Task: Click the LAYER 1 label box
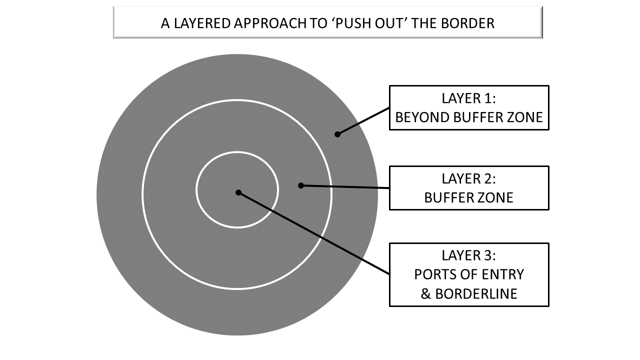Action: click(469, 107)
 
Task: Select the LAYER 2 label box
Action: click(469, 187)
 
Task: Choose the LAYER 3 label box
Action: click(469, 274)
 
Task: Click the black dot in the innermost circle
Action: click(238, 192)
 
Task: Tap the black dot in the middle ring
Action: click(301, 185)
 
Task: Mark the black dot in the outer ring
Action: click(337, 134)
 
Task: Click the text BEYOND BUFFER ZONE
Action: click(469, 117)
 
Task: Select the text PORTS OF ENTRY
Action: click(469, 274)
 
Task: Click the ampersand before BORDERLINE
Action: click(426, 293)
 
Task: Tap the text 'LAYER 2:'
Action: click(469, 178)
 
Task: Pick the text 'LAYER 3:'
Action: click(469, 255)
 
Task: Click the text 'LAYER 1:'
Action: click(469, 98)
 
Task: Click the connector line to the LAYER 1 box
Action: click(363, 120)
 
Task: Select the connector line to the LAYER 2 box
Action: click(345, 186)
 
